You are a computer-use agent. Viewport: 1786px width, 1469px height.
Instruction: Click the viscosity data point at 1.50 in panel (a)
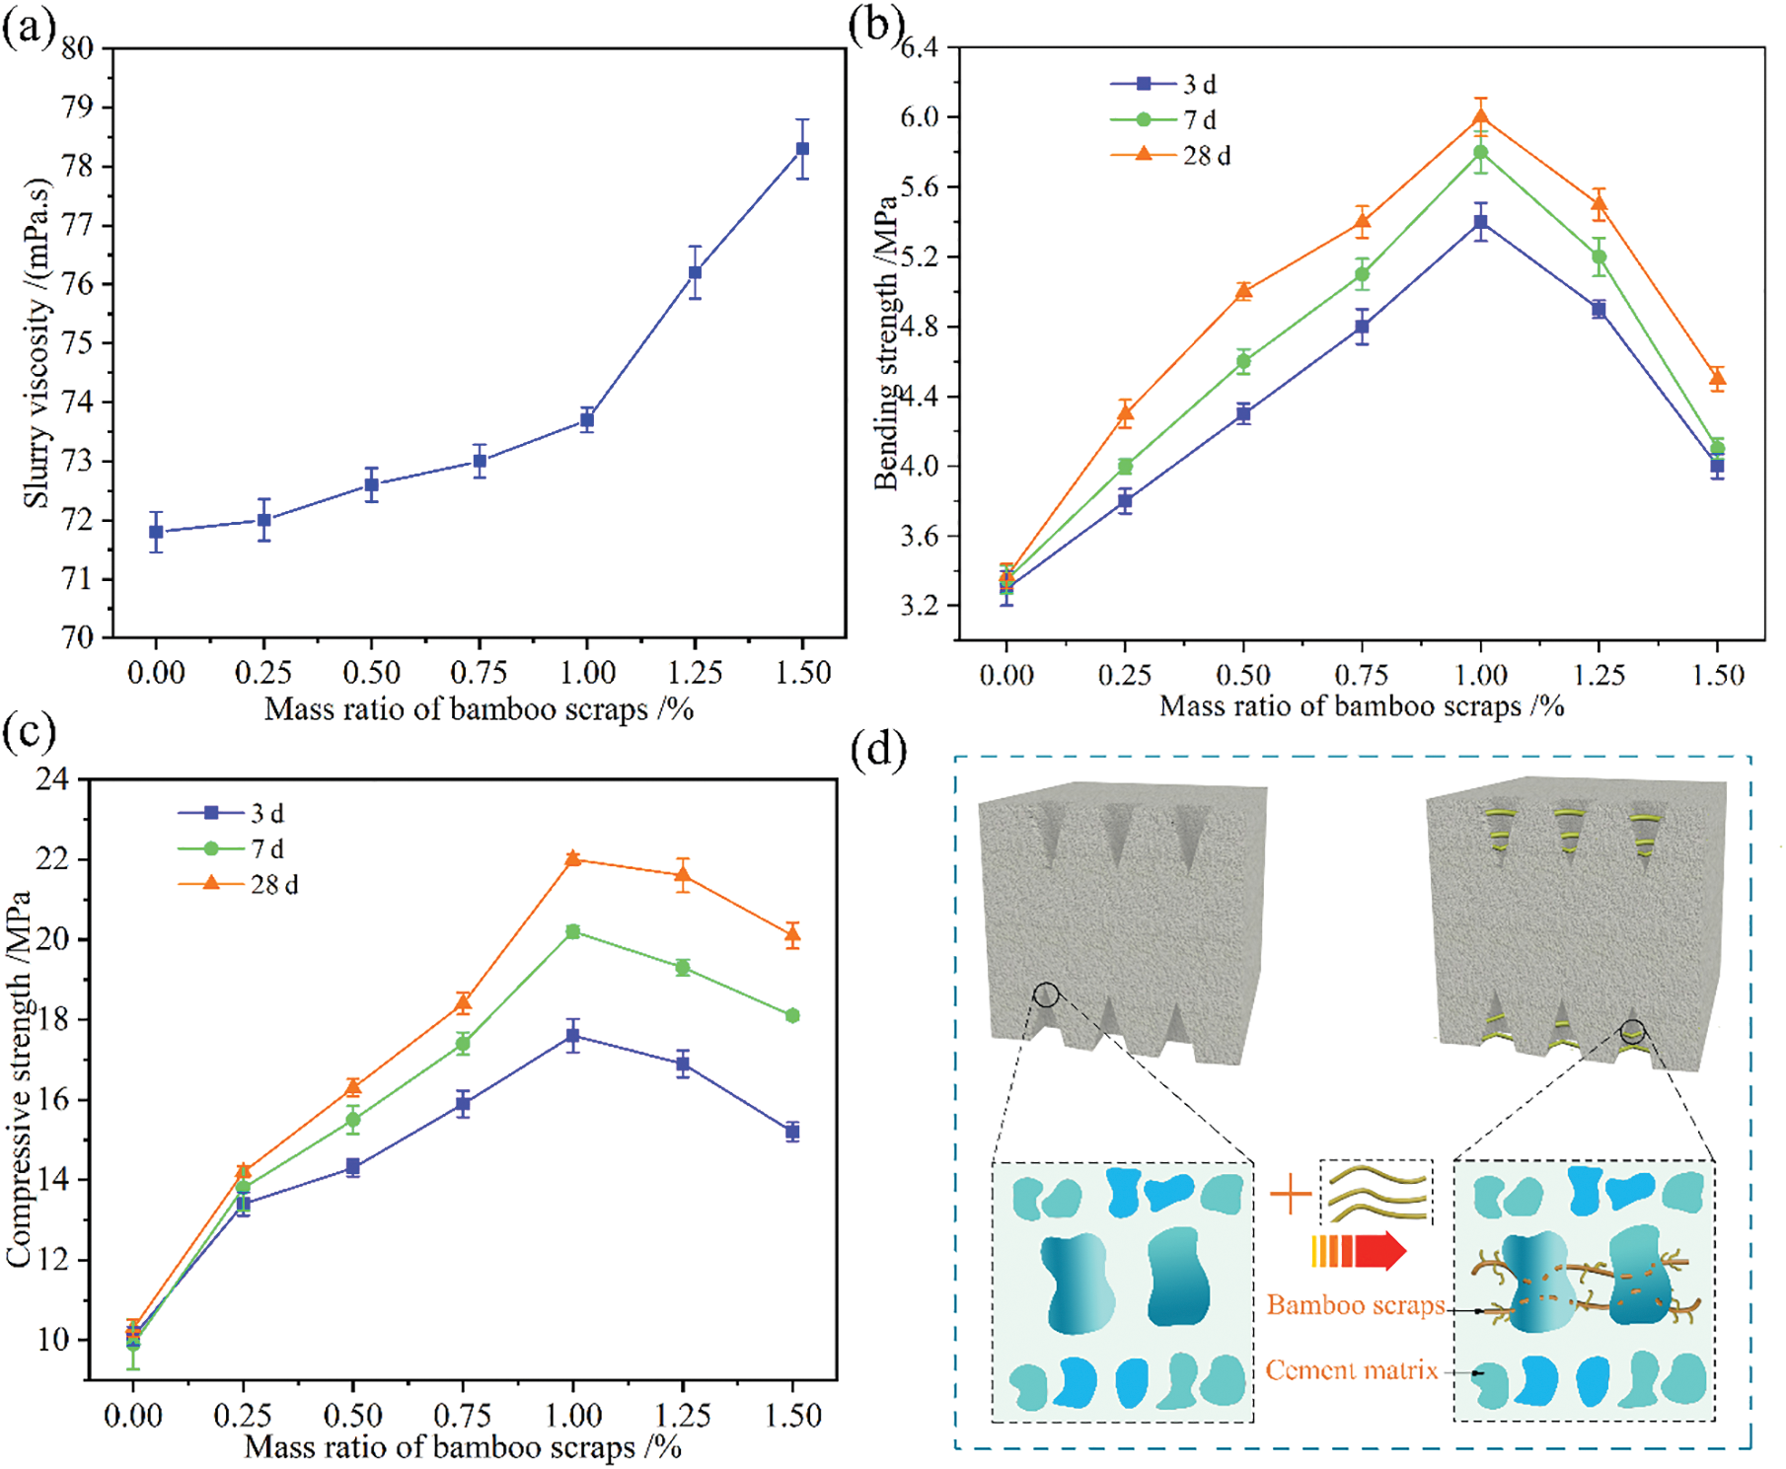click(x=802, y=149)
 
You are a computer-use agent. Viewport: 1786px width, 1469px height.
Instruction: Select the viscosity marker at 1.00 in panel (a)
click(x=587, y=420)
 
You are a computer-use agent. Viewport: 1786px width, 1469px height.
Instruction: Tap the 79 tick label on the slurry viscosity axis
click(x=78, y=107)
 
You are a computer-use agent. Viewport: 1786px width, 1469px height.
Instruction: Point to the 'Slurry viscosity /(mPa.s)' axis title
click(x=37, y=342)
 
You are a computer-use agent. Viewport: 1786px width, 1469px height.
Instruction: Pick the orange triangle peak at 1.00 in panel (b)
click(x=1480, y=117)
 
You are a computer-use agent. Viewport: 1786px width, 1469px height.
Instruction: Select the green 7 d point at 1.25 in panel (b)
click(x=1599, y=257)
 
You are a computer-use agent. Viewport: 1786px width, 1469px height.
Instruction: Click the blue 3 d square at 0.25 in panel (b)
click(x=1125, y=501)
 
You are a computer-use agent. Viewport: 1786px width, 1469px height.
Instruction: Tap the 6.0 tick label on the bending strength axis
click(x=920, y=116)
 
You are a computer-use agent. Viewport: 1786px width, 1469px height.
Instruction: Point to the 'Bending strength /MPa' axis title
click(x=886, y=342)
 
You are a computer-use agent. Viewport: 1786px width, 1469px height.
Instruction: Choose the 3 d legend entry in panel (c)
click(x=232, y=813)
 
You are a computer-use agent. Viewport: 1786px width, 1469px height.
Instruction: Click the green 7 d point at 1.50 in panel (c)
click(x=792, y=1015)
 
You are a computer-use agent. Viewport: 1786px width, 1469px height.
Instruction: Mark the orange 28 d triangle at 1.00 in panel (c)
click(x=572, y=858)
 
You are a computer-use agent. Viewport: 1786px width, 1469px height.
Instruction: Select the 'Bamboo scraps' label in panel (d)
click(x=1356, y=1305)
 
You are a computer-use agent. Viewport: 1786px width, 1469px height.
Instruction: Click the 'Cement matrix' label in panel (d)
click(x=1352, y=1370)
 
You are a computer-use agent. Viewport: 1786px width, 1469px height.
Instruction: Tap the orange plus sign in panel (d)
click(x=1291, y=1196)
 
